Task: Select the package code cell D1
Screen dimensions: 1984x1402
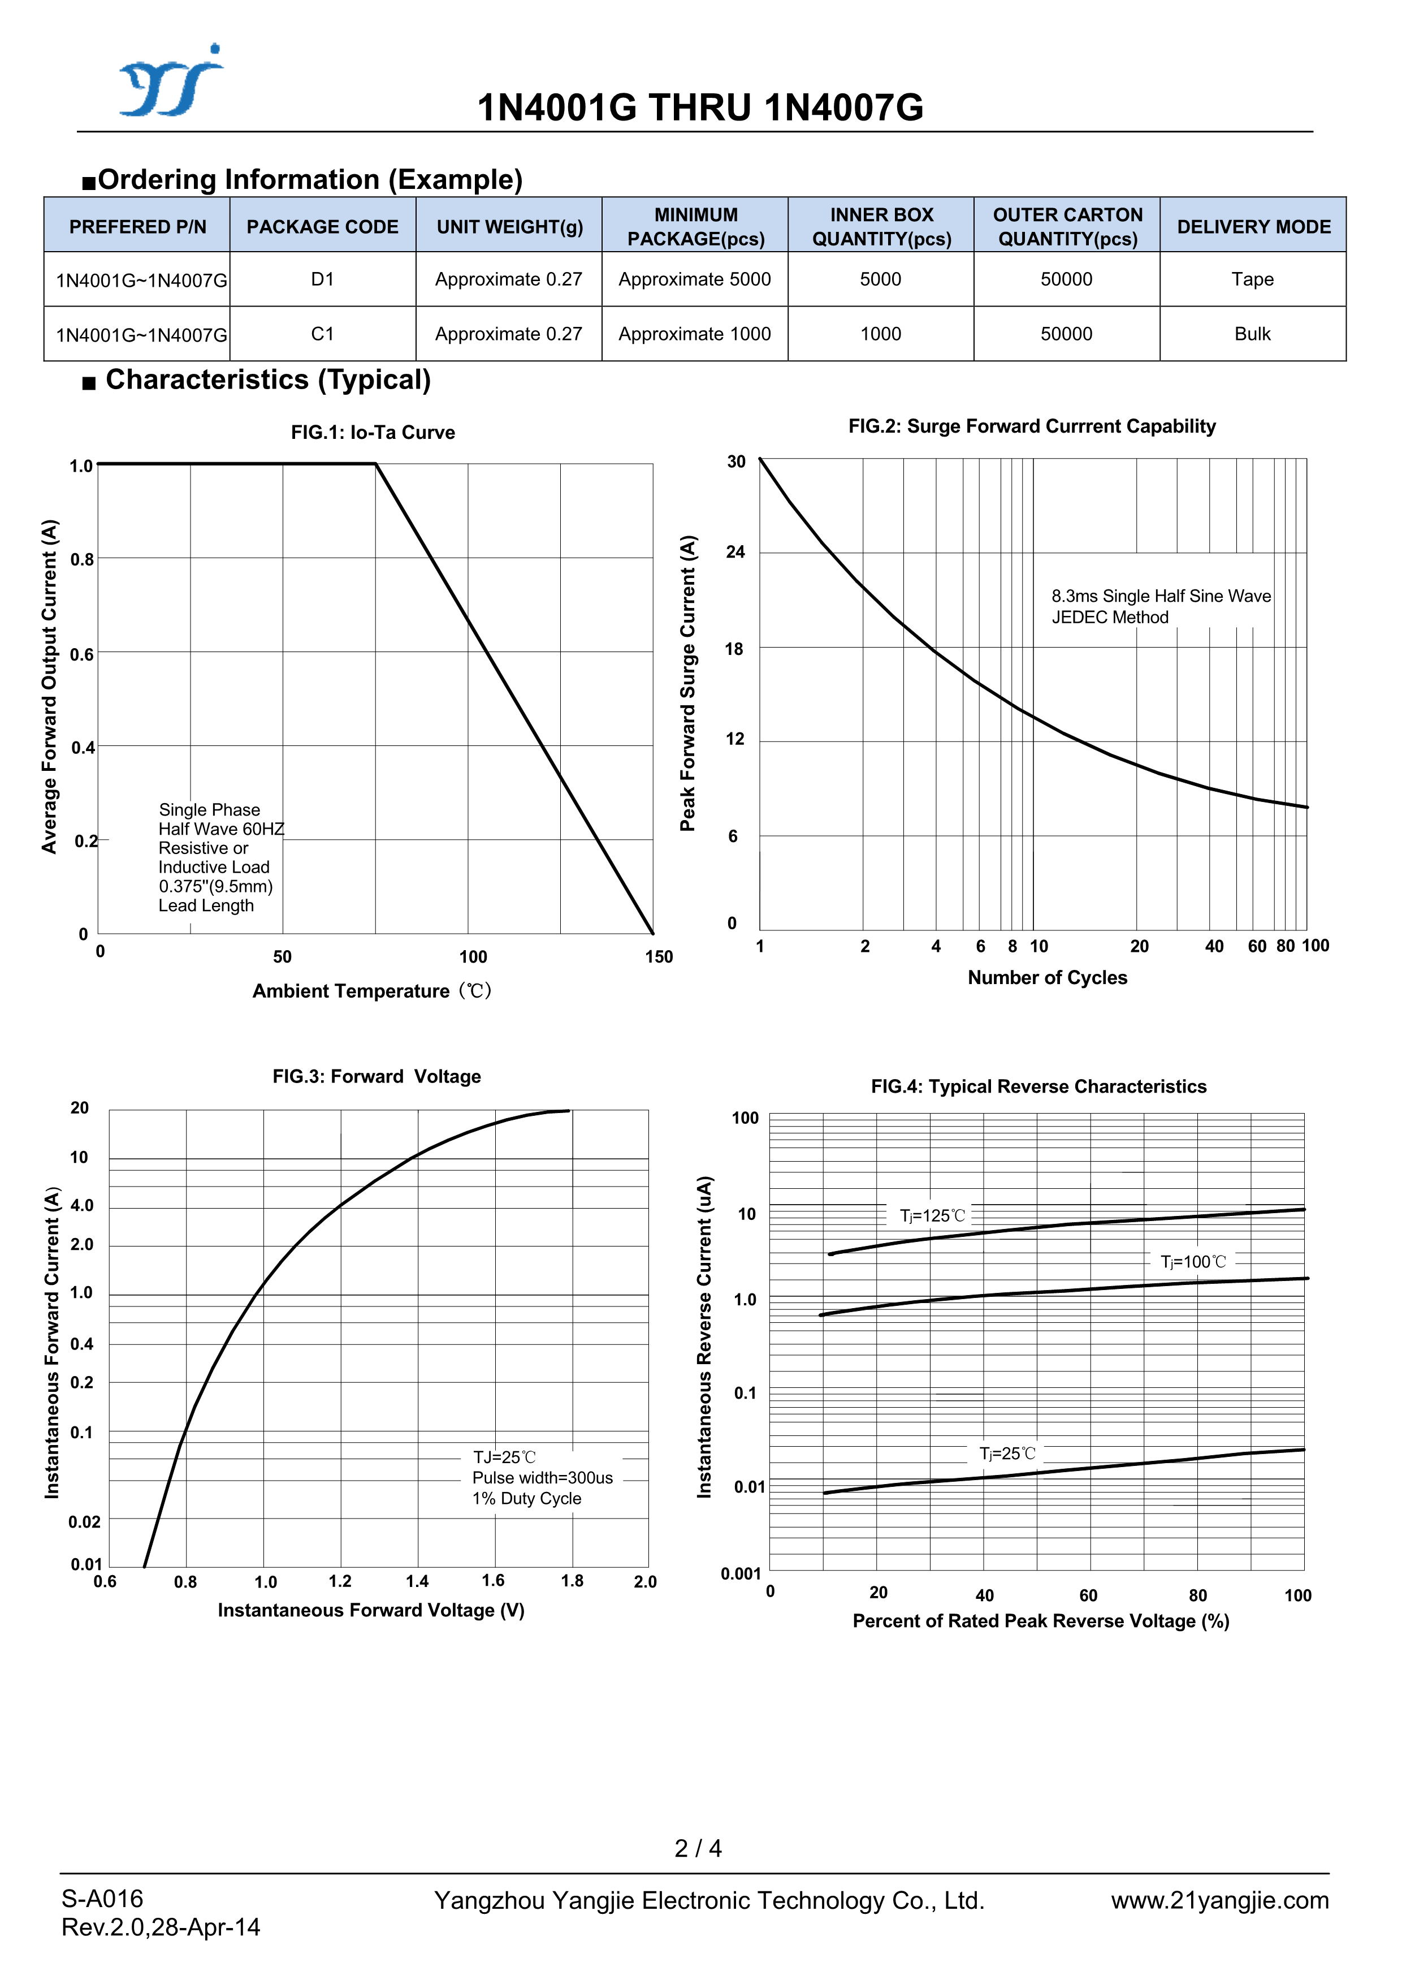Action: click(322, 279)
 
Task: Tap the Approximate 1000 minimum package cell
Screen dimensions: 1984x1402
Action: click(695, 334)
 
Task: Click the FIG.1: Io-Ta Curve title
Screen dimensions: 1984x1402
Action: click(373, 433)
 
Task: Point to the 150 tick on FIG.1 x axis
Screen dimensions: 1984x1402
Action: click(658, 956)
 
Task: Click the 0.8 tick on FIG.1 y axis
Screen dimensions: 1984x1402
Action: click(82, 560)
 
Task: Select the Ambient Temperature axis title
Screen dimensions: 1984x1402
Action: click(371, 991)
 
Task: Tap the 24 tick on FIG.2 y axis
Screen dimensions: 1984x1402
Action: click(735, 552)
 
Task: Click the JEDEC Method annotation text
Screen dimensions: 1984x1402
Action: click(1110, 618)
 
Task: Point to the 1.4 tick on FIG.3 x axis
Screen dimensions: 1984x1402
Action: click(417, 1581)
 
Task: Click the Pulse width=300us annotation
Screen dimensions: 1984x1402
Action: click(543, 1478)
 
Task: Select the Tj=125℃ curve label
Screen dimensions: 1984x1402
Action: click(932, 1216)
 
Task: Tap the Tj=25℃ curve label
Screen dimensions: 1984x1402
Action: click(1006, 1454)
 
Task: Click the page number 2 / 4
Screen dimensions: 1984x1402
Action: click(698, 1848)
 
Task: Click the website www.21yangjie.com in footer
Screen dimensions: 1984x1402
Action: click(1220, 1901)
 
